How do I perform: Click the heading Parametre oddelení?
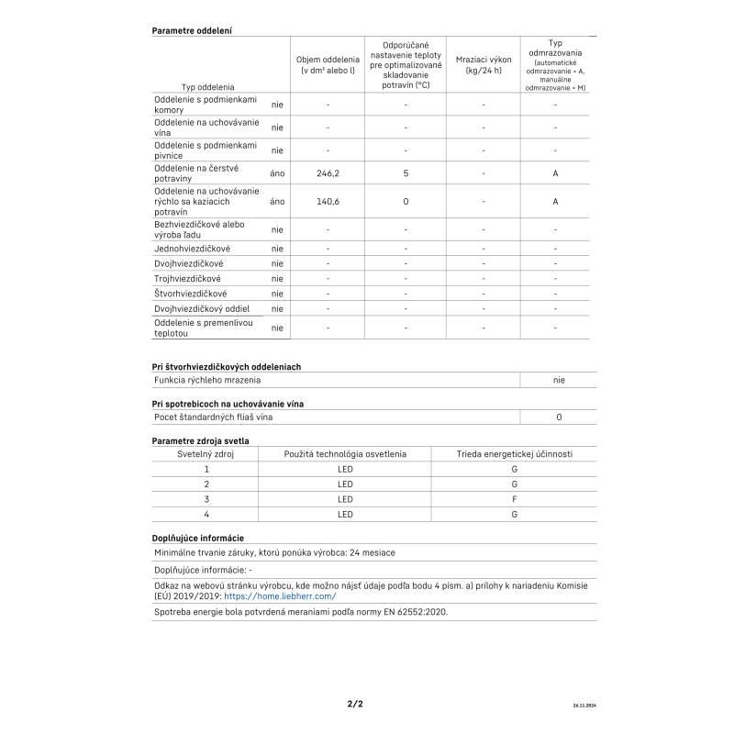tap(191, 30)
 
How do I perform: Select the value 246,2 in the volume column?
tap(328, 172)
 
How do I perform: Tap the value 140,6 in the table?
tap(328, 201)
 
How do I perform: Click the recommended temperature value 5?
tap(405, 172)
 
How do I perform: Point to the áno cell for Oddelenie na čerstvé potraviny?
tap(277, 172)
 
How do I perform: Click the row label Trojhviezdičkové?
tap(187, 278)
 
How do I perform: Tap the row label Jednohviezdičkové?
tap(192, 249)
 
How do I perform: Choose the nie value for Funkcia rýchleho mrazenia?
tap(558, 379)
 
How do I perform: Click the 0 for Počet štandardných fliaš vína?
tap(558, 417)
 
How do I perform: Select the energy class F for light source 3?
tap(514, 499)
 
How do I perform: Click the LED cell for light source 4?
tap(345, 515)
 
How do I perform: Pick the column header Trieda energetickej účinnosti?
tap(514, 453)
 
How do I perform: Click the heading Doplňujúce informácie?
tap(197, 538)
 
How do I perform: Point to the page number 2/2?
tap(355, 704)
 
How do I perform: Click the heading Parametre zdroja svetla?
tap(200, 441)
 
